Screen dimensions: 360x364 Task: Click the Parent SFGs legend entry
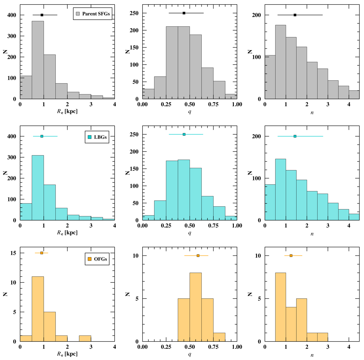click(x=93, y=14)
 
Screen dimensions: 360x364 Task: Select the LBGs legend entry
click(x=97, y=137)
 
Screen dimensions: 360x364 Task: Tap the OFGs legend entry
click(x=97, y=259)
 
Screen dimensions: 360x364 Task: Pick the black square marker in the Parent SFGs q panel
click(x=184, y=13)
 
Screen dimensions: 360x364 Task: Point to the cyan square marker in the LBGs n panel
click(x=295, y=136)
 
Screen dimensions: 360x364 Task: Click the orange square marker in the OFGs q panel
click(x=198, y=255)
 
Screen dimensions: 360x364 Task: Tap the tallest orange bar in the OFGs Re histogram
click(x=38, y=309)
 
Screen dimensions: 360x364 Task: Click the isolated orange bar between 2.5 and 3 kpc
click(x=85, y=338)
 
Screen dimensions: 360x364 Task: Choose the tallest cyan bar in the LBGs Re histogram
click(x=38, y=188)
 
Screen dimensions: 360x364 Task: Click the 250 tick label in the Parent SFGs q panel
click(x=135, y=13)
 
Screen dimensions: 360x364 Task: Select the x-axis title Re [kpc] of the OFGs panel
click(x=67, y=354)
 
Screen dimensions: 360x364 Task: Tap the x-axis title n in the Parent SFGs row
click(x=312, y=112)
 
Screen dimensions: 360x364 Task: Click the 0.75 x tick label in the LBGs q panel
click(x=213, y=226)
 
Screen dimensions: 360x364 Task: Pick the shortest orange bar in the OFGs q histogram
click(x=219, y=337)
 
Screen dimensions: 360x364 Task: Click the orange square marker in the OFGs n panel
click(x=291, y=255)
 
